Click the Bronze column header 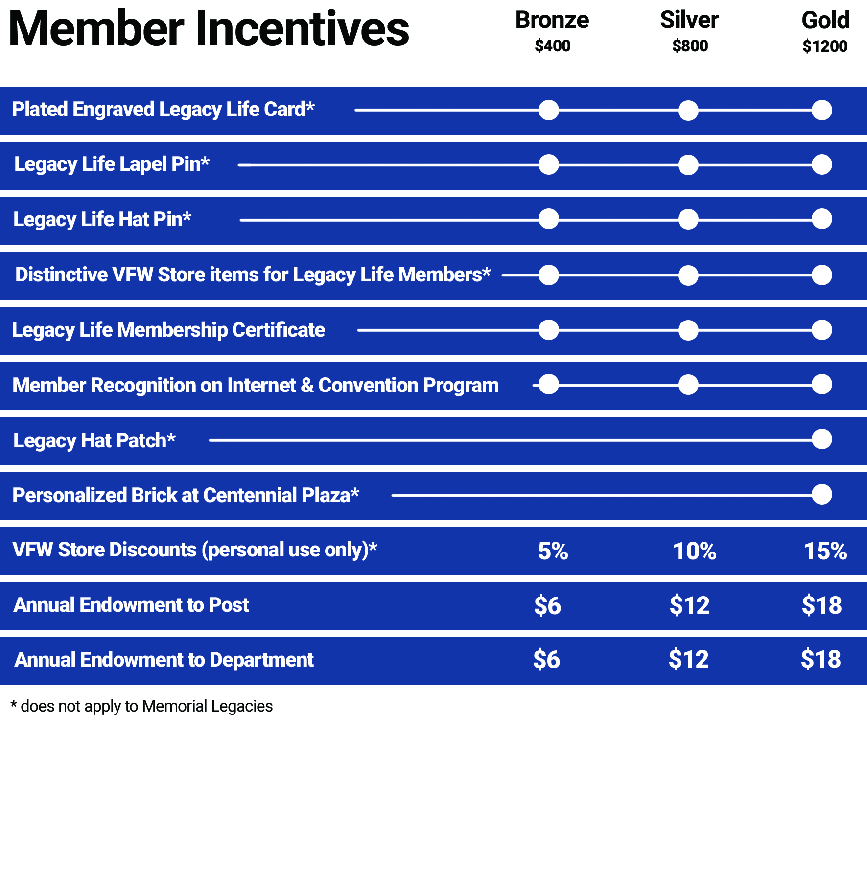pyautogui.click(x=552, y=21)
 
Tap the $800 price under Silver pyautogui.click(x=690, y=46)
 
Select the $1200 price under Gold pyautogui.click(x=825, y=46)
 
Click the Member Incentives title pyautogui.click(x=209, y=29)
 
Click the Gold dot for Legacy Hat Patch pyautogui.click(x=821, y=439)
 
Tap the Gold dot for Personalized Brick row pyautogui.click(x=821, y=494)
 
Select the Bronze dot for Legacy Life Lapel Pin pyautogui.click(x=548, y=165)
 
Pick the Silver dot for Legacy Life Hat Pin pyautogui.click(x=688, y=219)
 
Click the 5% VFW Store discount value pyautogui.click(x=553, y=551)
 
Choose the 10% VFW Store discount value pyautogui.click(x=694, y=551)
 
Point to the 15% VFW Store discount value pyautogui.click(x=825, y=551)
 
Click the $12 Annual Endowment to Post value pyautogui.click(x=689, y=605)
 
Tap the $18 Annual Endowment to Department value pyautogui.click(x=820, y=659)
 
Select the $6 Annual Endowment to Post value pyautogui.click(x=547, y=605)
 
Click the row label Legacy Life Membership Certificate pyautogui.click(x=168, y=330)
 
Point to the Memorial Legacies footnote pyautogui.click(x=141, y=706)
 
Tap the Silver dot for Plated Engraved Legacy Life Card pyautogui.click(x=688, y=111)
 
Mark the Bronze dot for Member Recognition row pyautogui.click(x=548, y=385)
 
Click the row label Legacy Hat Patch pyautogui.click(x=94, y=440)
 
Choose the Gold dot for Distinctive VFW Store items pyautogui.click(x=821, y=275)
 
